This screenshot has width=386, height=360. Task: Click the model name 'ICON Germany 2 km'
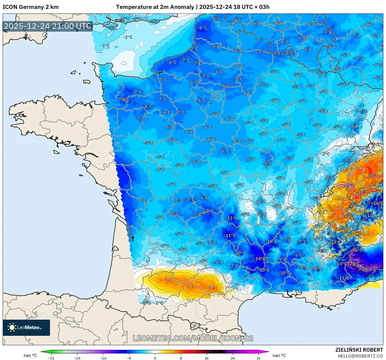click(x=31, y=7)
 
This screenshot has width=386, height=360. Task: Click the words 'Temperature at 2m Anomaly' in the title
click(x=155, y=7)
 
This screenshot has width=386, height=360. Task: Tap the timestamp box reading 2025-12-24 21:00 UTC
click(x=48, y=26)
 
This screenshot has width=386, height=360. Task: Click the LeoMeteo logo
click(x=26, y=327)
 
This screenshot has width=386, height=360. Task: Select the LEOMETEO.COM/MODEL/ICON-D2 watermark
click(x=193, y=338)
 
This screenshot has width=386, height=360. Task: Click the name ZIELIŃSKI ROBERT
click(x=359, y=350)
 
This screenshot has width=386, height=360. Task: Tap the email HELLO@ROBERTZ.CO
click(x=360, y=356)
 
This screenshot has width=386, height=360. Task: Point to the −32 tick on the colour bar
click(x=51, y=358)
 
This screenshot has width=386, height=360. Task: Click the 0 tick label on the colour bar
click(x=155, y=358)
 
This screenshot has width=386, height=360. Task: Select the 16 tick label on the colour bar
click(x=206, y=358)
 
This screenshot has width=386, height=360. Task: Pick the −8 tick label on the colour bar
click(x=129, y=358)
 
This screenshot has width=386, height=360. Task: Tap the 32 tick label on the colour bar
click(x=258, y=358)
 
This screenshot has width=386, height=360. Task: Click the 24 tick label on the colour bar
click(x=233, y=358)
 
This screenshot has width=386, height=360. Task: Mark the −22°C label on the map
click(x=367, y=269)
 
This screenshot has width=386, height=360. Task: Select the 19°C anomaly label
click(x=378, y=203)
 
